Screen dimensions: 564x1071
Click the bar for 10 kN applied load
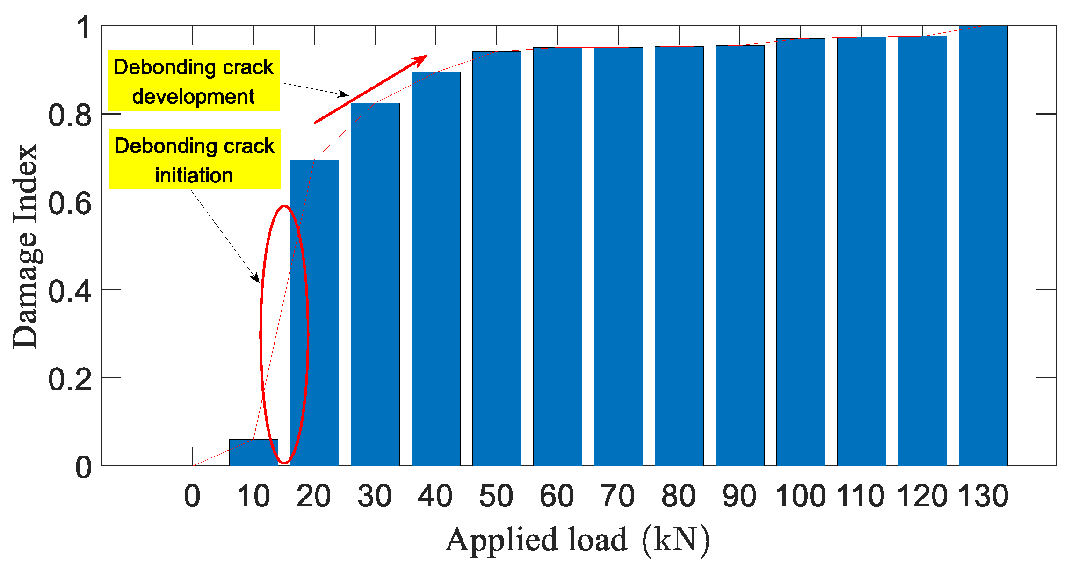(253, 453)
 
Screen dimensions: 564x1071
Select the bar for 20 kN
(314, 313)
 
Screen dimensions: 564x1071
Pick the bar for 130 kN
(983, 246)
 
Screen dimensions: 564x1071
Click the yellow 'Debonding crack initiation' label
(195, 159)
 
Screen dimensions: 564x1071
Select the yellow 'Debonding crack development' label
(194, 81)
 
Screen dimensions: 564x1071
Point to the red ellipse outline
(261, 334)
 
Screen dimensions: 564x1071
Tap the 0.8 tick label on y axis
(70, 115)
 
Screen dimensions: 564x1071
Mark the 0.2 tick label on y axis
(70, 379)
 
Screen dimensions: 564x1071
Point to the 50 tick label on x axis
(496, 496)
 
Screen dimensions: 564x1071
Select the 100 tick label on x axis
(800, 496)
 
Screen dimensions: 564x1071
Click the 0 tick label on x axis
(192, 496)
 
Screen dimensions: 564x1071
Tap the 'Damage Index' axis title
(25, 246)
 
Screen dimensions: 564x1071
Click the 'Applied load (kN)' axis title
(577, 540)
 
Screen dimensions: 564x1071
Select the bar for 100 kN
(801, 252)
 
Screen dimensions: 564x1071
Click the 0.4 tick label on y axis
(70, 291)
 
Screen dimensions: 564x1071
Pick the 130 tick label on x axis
(983, 496)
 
